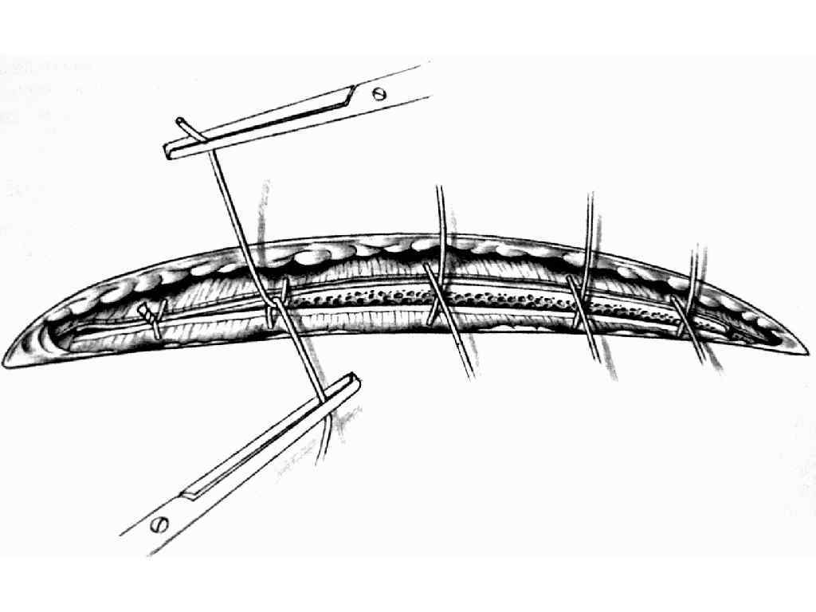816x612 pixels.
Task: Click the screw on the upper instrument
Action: [380, 94]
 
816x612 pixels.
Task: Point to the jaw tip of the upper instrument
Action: [170, 151]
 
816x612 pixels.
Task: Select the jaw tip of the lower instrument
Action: [353, 382]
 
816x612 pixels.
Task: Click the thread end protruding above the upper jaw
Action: [181, 121]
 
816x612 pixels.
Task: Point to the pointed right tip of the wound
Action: [806, 351]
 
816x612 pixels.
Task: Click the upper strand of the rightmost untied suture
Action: [698, 271]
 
